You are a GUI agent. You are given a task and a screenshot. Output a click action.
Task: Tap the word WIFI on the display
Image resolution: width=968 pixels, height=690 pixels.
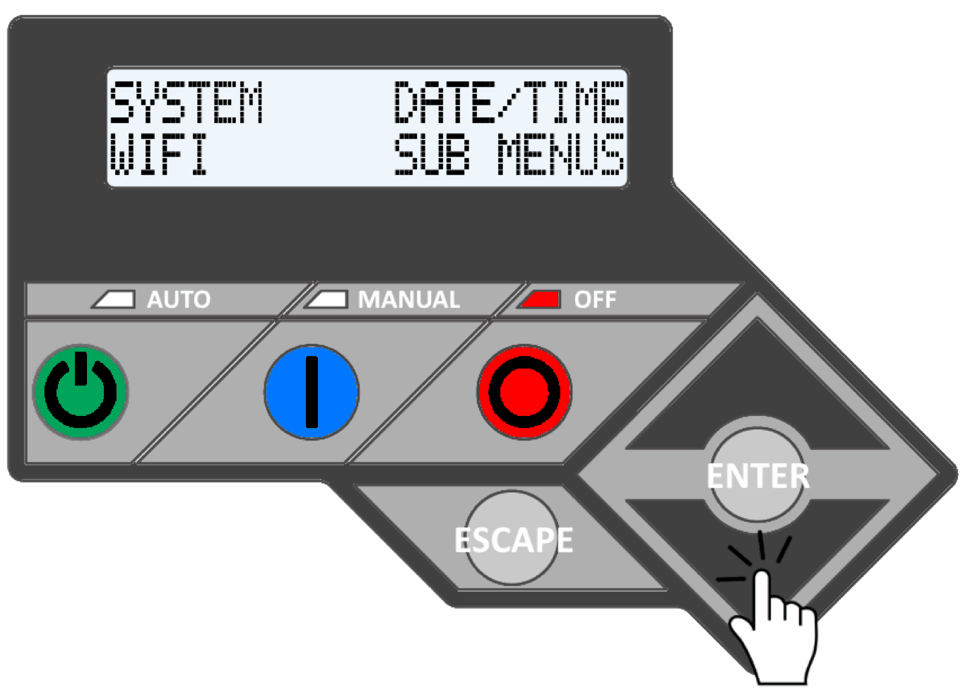(159, 155)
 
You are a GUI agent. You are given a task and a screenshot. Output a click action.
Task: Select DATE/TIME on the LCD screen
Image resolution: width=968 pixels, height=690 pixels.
(509, 103)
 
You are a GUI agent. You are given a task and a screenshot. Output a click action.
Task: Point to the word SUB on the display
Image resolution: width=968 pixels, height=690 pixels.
(432, 155)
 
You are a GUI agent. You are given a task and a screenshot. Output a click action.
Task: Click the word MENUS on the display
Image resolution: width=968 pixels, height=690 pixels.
(560, 155)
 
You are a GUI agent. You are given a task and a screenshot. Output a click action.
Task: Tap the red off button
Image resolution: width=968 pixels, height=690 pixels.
(524, 392)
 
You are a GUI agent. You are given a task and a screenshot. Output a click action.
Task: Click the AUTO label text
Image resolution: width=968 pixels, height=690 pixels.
(178, 300)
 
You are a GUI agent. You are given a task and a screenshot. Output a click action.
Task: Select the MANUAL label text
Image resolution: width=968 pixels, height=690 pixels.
(408, 300)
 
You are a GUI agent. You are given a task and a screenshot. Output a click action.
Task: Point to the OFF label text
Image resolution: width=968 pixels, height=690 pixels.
(595, 300)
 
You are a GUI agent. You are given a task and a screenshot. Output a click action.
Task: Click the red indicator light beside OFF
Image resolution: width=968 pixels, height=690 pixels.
(540, 299)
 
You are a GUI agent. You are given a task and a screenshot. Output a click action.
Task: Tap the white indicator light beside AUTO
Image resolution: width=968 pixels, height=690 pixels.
(114, 299)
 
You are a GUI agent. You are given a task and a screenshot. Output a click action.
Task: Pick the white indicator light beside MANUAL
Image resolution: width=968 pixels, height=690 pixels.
(326, 299)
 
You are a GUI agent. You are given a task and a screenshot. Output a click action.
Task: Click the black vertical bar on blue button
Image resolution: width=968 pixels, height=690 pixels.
(312, 392)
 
